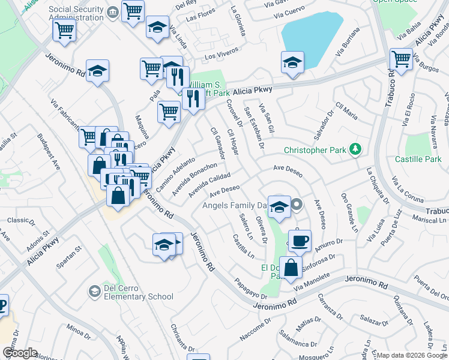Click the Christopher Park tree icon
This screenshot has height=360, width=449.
[356, 149]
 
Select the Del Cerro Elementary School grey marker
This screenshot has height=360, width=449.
[94, 292]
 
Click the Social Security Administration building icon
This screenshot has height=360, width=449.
[112, 13]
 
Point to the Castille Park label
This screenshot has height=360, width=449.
[418, 159]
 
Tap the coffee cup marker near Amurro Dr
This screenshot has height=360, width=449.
[300, 241]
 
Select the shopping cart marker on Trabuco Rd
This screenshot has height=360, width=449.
[401, 59]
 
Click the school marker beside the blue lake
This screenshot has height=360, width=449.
[292, 62]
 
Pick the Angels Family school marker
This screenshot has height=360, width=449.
[279, 207]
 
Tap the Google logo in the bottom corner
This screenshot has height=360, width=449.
[20, 353]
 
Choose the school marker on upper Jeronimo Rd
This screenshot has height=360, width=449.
[97, 71]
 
